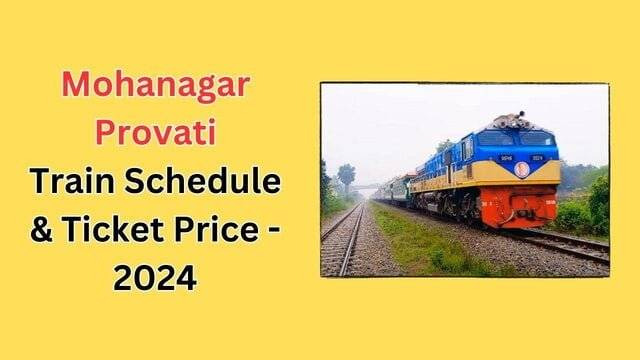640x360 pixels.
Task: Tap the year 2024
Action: tap(155, 273)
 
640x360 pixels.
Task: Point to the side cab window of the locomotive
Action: tap(466, 148)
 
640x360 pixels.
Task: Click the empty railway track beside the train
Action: tap(342, 240)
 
